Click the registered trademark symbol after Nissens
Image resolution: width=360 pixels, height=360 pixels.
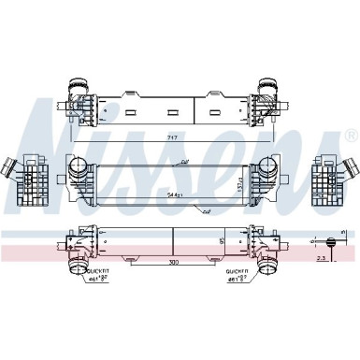350,136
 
